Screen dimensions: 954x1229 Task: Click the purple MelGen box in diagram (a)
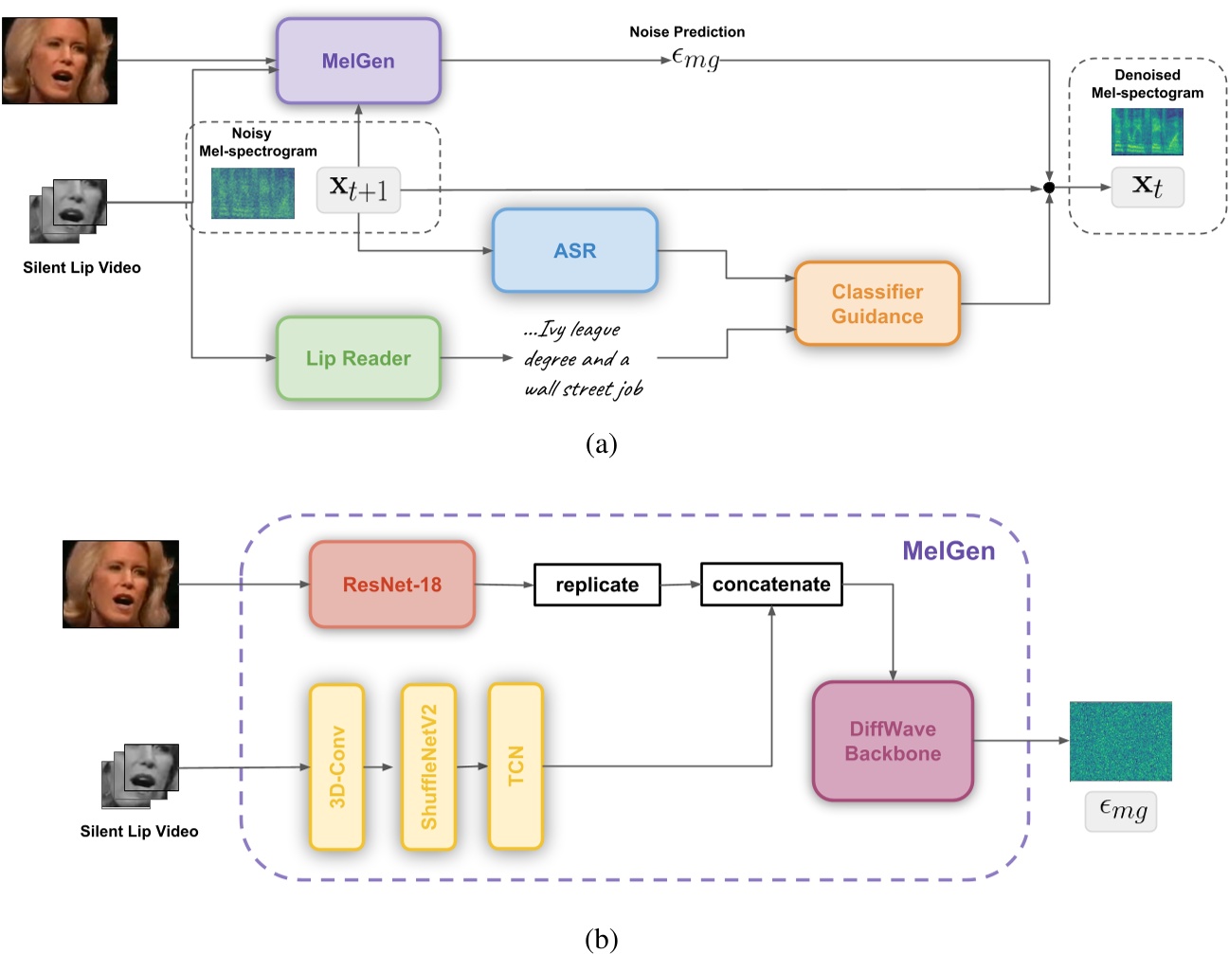pyautogui.click(x=358, y=61)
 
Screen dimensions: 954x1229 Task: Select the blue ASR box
pyautogui.click(x=574, y=251)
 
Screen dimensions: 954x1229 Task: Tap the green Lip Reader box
pyautogui.click(x=358, y=358)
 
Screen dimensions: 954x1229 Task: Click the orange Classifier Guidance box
pyautogui.click(x=877, y=304)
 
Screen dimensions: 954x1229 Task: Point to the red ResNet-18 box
pyautogui.click(x=391, y=585)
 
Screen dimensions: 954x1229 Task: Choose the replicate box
pyautogui.click(x=597, y=585)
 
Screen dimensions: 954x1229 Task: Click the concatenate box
pyautogui.click(x=771, y=585)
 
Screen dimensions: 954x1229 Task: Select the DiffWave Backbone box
pyautogui.click(x=893, y=741)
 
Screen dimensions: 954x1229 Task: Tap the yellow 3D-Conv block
pyautogui.click(x=336, y=766)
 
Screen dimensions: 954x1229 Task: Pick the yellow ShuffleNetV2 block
pyautogui.click(x=428, y=766)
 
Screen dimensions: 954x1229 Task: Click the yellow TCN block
pyautogui.click(x=515, y=766)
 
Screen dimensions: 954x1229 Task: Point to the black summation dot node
pyautogui.click(x=1049, y=188)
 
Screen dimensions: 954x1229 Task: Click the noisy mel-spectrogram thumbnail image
pyautogui.click(x=252, y=193)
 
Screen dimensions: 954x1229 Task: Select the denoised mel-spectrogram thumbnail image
pyautogui.click(x=1147, y=132)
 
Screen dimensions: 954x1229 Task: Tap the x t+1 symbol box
pyautogui.click(x=358, y=189)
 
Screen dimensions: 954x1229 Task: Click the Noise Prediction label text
pyautogui.click(x=687, y=32)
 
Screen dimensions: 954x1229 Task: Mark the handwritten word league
pyautogui.click(x=595, y=330)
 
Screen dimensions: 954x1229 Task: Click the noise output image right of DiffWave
pyautogui.click(x=1120, y=741)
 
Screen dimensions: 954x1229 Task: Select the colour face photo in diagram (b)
pyautogui.click(x=120, y=584)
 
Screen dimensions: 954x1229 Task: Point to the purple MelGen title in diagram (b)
pyautogui.click(x=948, y=551)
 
